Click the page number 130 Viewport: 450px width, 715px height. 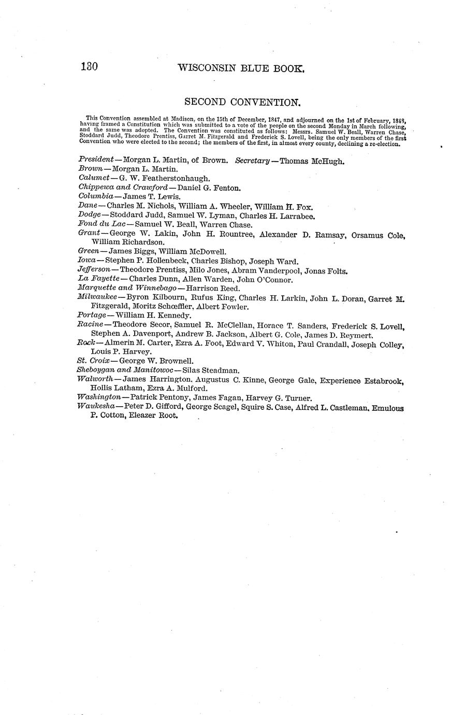click(x=90, y=67)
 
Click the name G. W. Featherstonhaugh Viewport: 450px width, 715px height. click(x=164, y=178)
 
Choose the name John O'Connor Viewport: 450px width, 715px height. click(x=265, y=280)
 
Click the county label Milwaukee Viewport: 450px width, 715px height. click(x=97, y=298)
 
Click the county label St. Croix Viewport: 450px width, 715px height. click(x=93, y=361)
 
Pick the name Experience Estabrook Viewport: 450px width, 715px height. click(x=361, y=380)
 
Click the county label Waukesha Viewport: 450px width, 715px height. click(x=97, y=407)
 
